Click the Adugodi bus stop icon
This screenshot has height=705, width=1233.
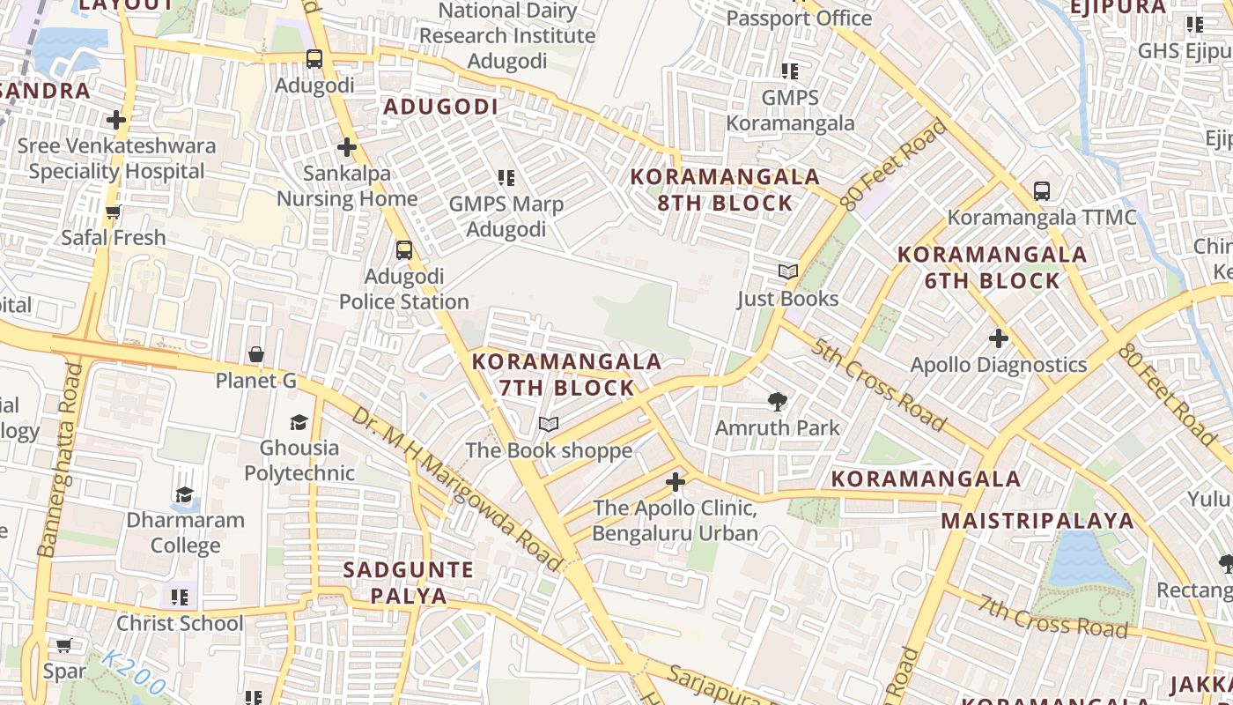click(314, 59)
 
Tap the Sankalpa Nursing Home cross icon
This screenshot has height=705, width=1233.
click(347, 147)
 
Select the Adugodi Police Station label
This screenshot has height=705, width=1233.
click(404, 289)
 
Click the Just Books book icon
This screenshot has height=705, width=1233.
click(788, 272)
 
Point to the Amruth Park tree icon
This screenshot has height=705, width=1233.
click(777, 402)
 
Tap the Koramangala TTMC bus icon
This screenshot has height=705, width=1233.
click(1041, 190)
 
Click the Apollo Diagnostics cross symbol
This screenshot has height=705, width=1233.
click(998, 338)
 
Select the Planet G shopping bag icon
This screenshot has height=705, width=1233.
click(256, 354)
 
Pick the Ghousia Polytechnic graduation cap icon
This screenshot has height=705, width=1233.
click(299, 422)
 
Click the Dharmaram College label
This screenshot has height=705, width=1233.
click(185, 532)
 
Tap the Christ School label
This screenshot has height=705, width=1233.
click(180, 623)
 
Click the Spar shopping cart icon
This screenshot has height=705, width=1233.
click(64, 645)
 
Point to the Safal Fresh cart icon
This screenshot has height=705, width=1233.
click(113, 211)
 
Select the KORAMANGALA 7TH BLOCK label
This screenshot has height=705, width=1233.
click(566, 375)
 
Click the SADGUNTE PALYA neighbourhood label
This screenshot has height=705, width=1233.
click(408, 582)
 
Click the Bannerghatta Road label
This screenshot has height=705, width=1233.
click(59, 458)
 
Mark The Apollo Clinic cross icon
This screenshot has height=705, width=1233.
click(676, 482)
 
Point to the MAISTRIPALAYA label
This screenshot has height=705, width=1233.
click(1037, 520)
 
